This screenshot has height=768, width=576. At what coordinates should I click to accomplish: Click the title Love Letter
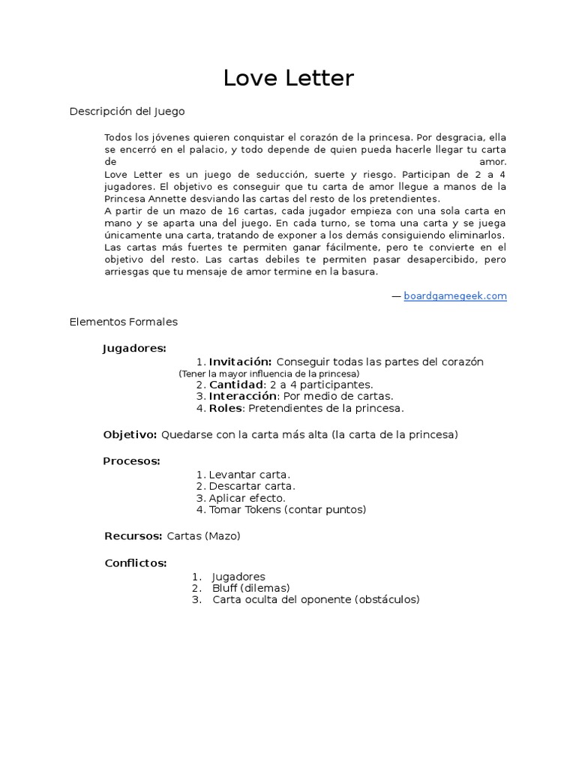[288, 78]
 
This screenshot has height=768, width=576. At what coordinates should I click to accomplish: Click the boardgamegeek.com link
[455, 296]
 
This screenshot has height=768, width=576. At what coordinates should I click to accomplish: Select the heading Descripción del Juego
[127, 111]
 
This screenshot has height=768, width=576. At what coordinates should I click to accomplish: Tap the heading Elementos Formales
[123, 322]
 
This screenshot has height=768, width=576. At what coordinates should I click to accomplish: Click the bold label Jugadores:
[134, 348]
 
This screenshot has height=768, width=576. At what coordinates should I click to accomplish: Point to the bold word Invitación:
[240, 361]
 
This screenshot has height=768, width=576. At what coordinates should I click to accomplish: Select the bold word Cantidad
[235, 385]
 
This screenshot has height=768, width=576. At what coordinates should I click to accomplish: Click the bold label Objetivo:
[130, 434]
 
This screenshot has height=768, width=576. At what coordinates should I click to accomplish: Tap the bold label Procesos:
[131, 460]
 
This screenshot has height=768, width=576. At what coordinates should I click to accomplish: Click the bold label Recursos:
[133, 535]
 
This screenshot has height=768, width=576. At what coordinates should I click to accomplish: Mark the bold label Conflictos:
[136, 562]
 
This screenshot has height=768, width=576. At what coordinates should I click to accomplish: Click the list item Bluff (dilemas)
[250, 588]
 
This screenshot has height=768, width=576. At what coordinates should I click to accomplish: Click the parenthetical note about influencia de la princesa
[269, 373]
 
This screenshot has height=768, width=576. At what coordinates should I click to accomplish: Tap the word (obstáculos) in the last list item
[387, 599]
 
